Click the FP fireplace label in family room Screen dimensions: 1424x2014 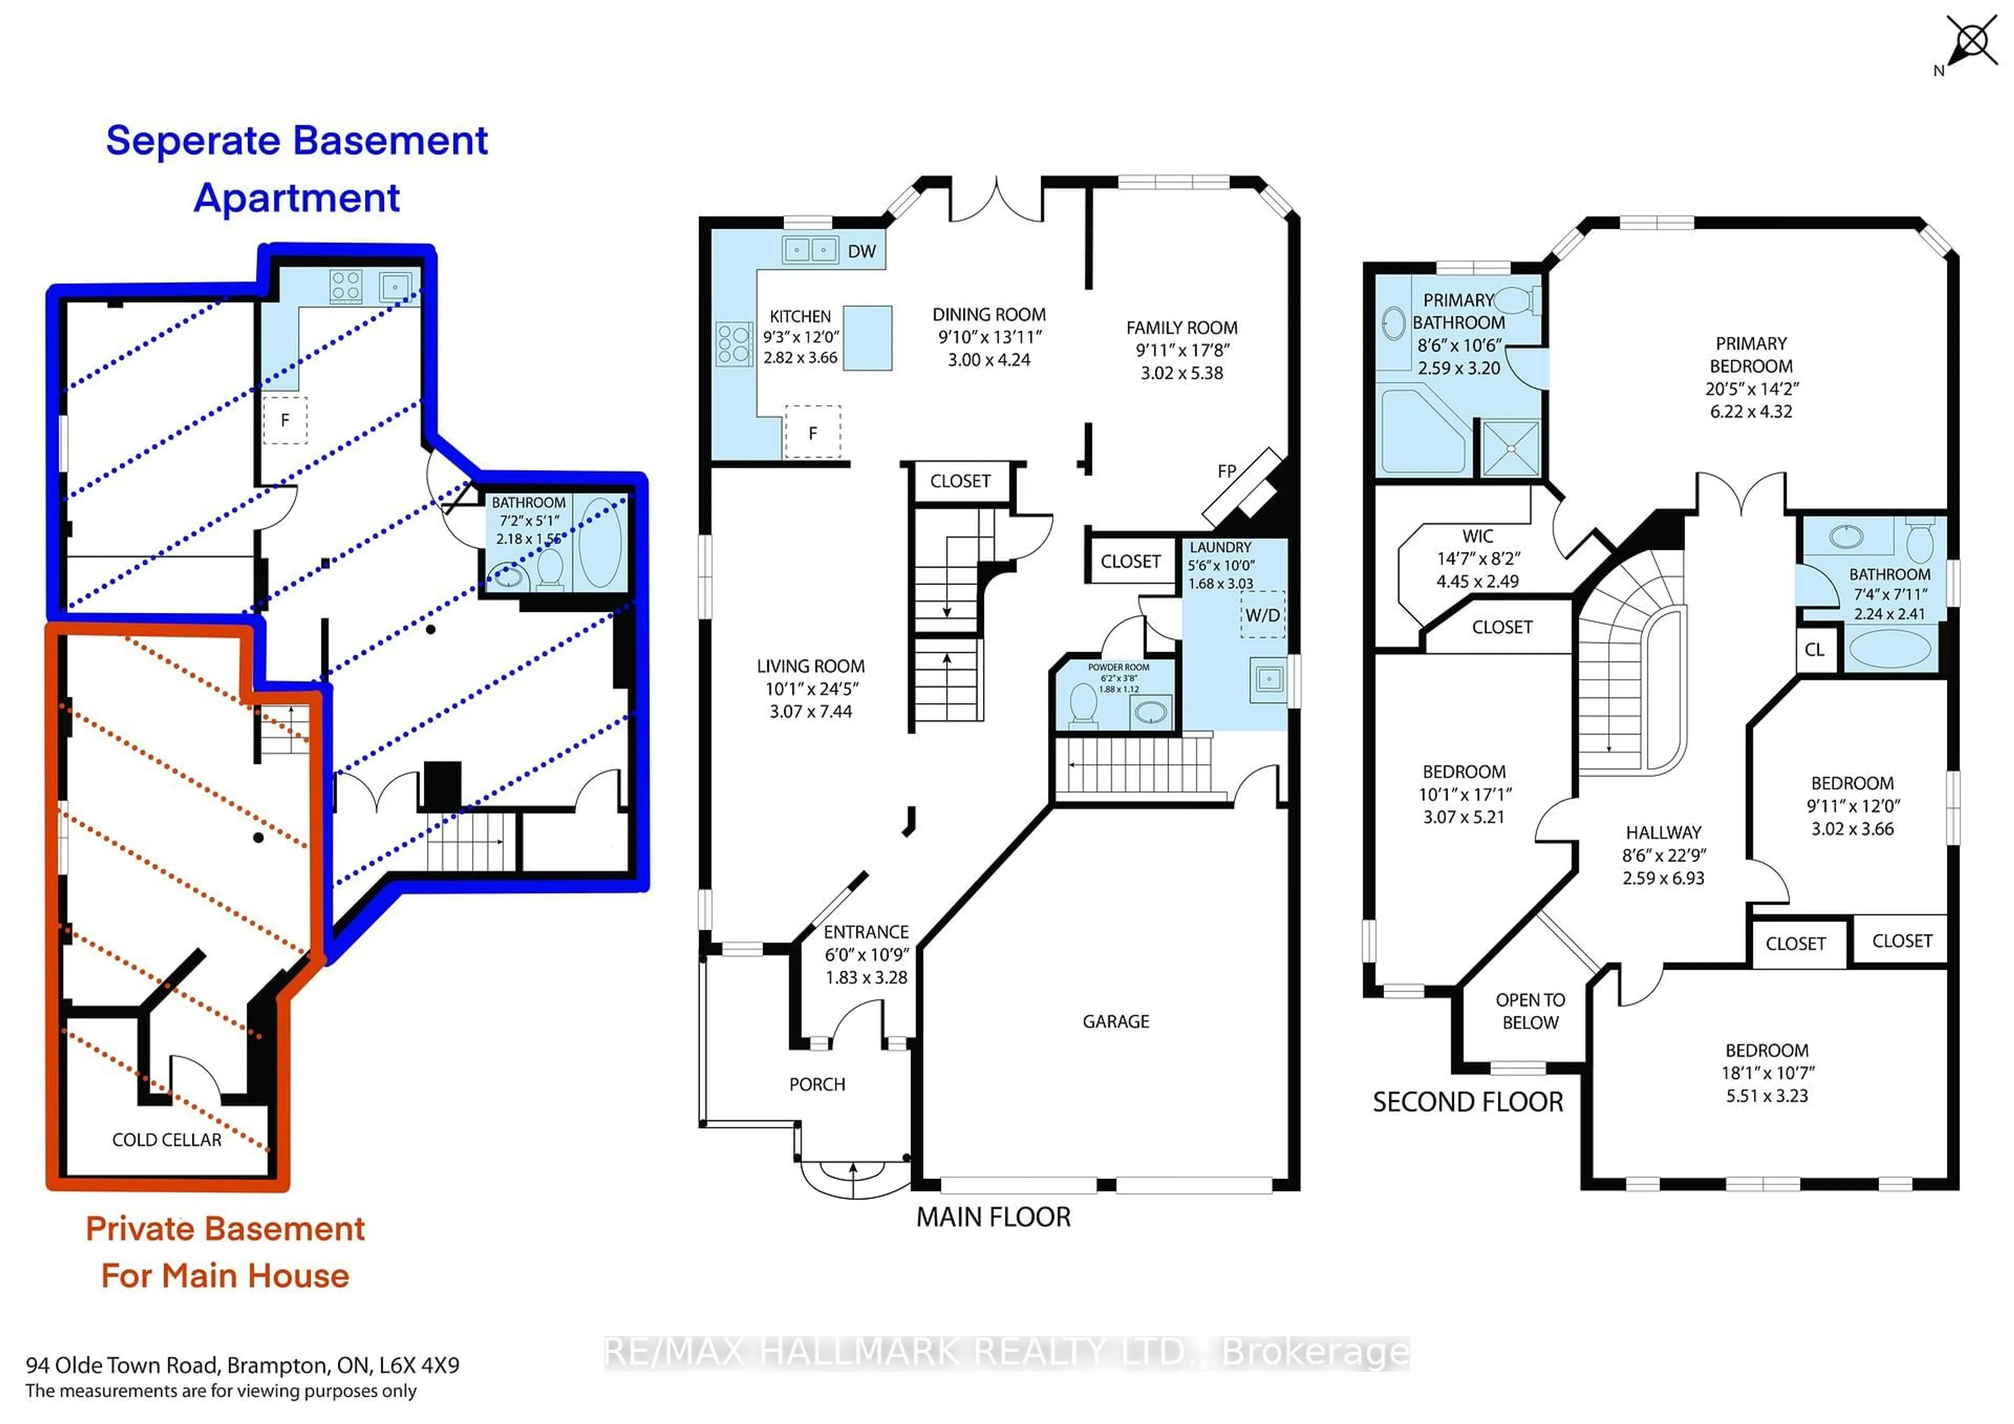click(x=1226, y=471)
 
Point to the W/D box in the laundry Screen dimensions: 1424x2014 click(x=1262, y=615)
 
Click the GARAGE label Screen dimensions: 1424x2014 click(x=1115, y=1021)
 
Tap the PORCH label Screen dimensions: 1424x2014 click(x=817, y=1085)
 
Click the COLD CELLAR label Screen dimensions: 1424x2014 click(x=167, y=1140)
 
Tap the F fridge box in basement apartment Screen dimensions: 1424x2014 click(x=285, y=420)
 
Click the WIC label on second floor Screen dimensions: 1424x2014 click(x=1477, y=536)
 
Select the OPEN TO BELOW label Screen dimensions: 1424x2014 click(x=1530, y=1011)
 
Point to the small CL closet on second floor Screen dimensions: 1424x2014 click(x=1815, y=650)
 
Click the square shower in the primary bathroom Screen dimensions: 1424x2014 click(x=1511, y=449)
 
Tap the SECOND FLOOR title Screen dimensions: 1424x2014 click(x=1467, y=1102)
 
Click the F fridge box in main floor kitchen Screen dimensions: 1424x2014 click(x=812, y=432)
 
